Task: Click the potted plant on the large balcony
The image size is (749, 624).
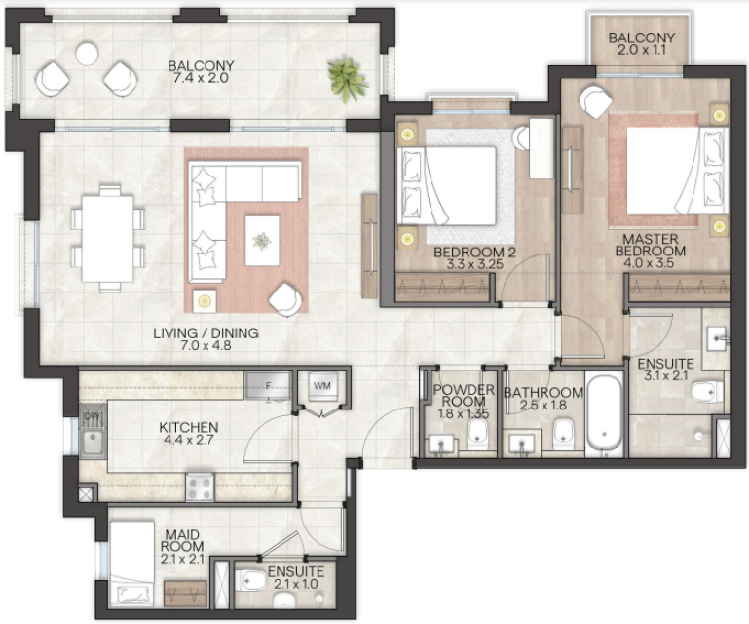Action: pos(348,79)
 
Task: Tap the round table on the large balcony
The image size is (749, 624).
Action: pos(87,53)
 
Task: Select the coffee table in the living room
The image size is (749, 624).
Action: pos(262,241)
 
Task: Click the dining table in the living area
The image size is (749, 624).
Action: pos(107,239)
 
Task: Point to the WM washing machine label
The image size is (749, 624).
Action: pos(322,385)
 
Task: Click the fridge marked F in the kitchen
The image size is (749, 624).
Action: pos(268,386)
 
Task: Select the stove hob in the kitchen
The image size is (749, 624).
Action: pos(200,487)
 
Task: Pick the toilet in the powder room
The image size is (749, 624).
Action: pos(477,434)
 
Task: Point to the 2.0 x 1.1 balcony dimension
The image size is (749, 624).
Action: pos(642,50)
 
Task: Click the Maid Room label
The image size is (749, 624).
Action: pos(182,540)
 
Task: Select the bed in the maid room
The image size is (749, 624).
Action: pos(132,565)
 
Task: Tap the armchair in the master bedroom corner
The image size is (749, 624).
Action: pos(595,101)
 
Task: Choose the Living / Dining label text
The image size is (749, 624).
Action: pos(206,332)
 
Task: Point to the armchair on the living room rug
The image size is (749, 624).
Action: pos(285,299)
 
